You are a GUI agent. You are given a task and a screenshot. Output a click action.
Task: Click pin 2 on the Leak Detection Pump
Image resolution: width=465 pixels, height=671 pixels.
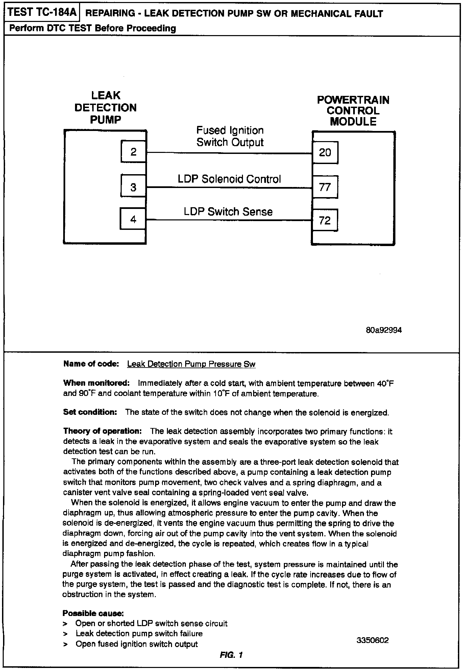[133, 152]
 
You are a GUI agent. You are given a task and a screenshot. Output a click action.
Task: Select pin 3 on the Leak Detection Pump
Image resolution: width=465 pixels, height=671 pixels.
[133, 187]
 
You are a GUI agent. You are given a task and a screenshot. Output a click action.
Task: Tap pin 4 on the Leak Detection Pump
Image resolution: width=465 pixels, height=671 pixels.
[133, 219]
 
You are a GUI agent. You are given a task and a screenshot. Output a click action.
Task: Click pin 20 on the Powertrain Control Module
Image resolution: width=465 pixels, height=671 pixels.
[325, 153]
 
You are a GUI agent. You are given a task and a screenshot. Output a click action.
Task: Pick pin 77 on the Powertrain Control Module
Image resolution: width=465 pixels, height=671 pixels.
[325, 187]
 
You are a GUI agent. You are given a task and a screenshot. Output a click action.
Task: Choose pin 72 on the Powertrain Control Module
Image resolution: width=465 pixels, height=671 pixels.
[325, 220]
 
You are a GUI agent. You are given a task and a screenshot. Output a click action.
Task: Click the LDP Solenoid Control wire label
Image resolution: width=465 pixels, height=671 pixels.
[229, 179]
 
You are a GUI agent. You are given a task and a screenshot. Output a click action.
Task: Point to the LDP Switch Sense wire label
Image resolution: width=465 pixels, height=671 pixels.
[228, 212]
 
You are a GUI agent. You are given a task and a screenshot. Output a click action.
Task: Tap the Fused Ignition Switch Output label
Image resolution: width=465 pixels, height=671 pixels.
[230, 136]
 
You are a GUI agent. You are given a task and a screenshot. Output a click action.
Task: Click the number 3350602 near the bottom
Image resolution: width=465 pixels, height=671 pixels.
[373, 640]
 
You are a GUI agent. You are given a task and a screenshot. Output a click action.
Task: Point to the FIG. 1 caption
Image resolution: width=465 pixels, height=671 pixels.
[231, 655]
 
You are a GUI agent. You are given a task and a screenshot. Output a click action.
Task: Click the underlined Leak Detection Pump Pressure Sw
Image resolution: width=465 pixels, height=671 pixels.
[191, 364]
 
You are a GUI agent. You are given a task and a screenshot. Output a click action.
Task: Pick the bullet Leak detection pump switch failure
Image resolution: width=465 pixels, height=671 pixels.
[139, 634]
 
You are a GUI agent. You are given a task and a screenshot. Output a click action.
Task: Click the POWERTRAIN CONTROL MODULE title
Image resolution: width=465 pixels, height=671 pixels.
[353, 111]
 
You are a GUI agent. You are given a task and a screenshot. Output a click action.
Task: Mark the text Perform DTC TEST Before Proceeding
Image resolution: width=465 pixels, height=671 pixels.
[93, 28]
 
